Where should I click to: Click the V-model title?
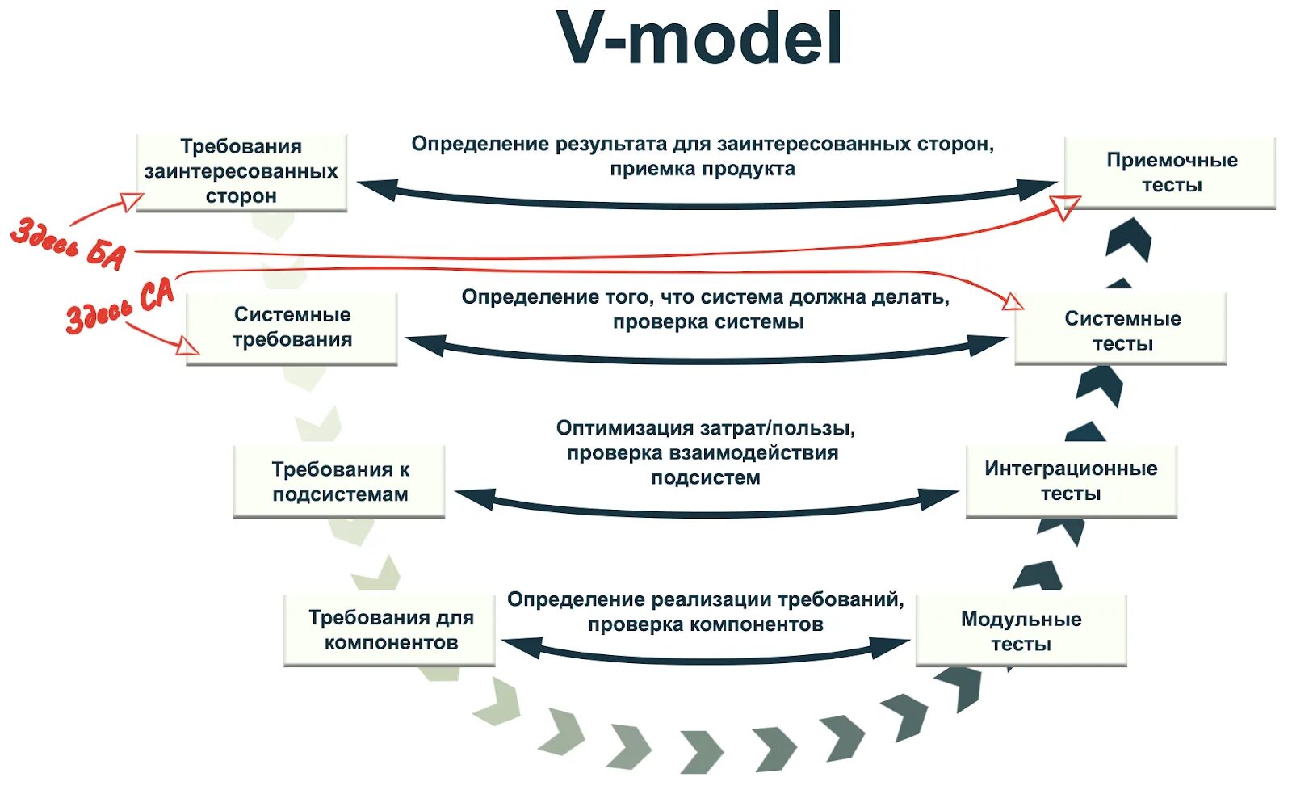click(x=699, y=39)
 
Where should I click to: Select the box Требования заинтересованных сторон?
click(x=241, y=172)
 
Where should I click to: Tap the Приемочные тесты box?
click(x=1171, y=173)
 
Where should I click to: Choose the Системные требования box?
click(x=292, y=328)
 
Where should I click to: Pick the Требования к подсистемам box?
click(x=339, y=481)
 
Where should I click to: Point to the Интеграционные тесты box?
click(x=1071, y=481)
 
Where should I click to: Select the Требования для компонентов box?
click(x=390, y=630)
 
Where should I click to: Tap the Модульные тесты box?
click(x=1021, y=632)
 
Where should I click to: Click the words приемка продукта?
click(x=703, y=169)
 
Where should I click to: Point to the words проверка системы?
click(x=708, y=322)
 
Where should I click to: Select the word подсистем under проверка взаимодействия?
click(x=706, y=477)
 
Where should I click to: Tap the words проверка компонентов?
click(x=705, y=624)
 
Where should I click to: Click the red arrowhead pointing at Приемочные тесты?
click(x=1068, y=206)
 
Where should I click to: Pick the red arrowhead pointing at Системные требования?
click(x=188, y=346)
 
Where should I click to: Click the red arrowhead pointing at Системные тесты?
click(x=1013, y=303)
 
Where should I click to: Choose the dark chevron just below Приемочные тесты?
click(x=1130, y=238)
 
